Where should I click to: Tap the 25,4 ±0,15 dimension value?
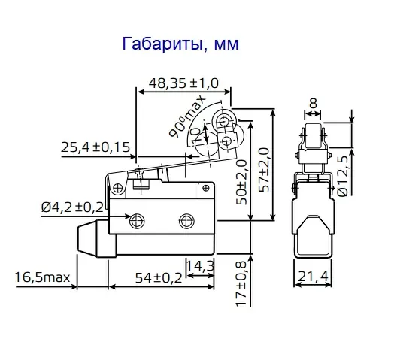pyautogui.click(x=95, y=147)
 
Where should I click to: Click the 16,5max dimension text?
pyautogui.click(x=42, y=278)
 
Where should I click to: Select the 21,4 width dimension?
pyautogui.click(x=311, y=278)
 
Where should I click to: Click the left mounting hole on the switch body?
pyautogui.click(x=137, y=221)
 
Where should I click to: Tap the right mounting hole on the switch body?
pyautogui.click(x=186, y=221)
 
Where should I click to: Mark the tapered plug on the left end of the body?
pyautogui.click(x=92, y=236)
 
